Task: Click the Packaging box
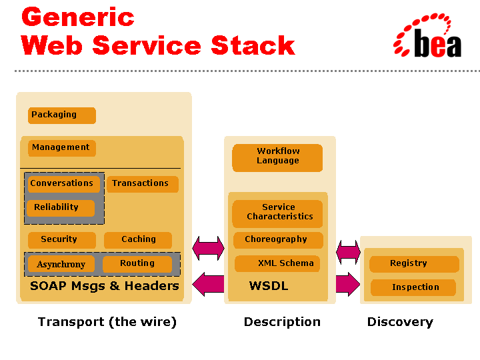[x=62, y=115]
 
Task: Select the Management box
[x=62, y=148]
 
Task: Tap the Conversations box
[x=63, y=184]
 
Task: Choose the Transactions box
[x=142, y=184]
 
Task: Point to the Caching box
[x=138, y=240]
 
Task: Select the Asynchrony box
[x=61, y=264]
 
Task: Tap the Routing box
[x=137, y=264]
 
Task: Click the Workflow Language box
[x=277, y=157]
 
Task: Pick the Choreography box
[x=277, y=240]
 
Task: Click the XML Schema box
[x=277, y=263]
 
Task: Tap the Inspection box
[x=413, y=287]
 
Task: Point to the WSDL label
[x=269, y=286]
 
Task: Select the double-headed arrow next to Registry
[x=348, y=252]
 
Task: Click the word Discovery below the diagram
[x=400, y=322]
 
